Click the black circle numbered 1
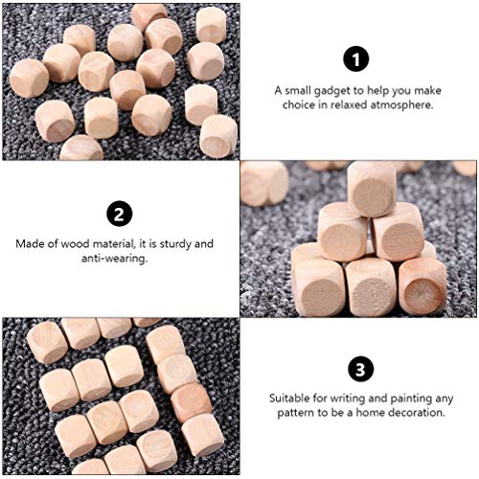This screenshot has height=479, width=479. coord(358,60)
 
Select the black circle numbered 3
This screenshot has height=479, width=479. coord(357,368)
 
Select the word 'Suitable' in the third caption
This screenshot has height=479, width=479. coord(289,397)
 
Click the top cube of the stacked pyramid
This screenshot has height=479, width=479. coord(371,188)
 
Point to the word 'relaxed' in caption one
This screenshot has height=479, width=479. coord(341,105)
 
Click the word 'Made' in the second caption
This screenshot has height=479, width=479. coord(32,242)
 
